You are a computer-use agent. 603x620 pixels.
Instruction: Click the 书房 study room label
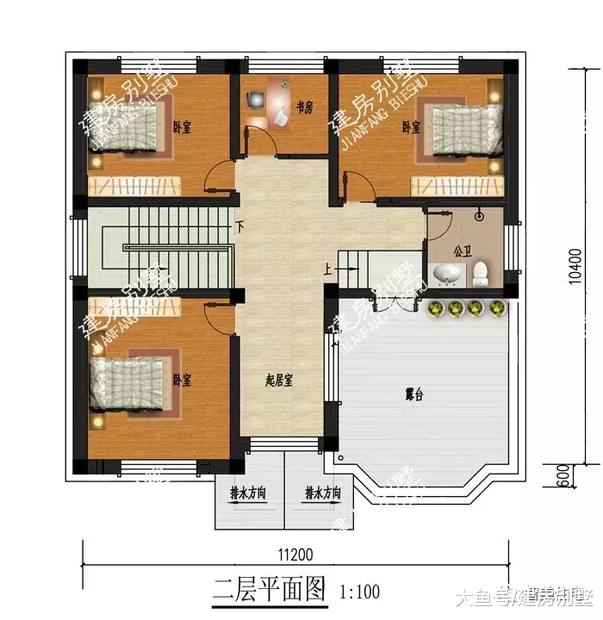click(x=303, y=108)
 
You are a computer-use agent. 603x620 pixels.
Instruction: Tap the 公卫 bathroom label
click(x=463, y=252)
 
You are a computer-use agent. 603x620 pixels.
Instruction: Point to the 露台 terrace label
click(x=415, y=395)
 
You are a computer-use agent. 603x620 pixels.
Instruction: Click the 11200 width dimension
click(x=295, y=554)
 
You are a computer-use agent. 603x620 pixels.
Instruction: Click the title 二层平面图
click(x=270, y=591)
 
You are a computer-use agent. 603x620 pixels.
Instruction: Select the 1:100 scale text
click(x=359, y=592)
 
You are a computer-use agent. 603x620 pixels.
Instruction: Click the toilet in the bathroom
click(x=480, y=274)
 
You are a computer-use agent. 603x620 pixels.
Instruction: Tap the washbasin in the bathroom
click(x=447, y=275)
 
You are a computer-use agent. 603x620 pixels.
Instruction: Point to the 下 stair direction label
click(x=239, y=229)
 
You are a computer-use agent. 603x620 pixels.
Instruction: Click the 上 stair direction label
click(x=328, y=269)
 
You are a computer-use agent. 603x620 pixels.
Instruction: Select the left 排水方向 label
click(x=248, y=494)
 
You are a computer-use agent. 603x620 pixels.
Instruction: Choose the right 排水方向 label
click(x=322, y=494)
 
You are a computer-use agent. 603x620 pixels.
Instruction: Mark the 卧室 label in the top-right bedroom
click(x=411, y=127)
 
